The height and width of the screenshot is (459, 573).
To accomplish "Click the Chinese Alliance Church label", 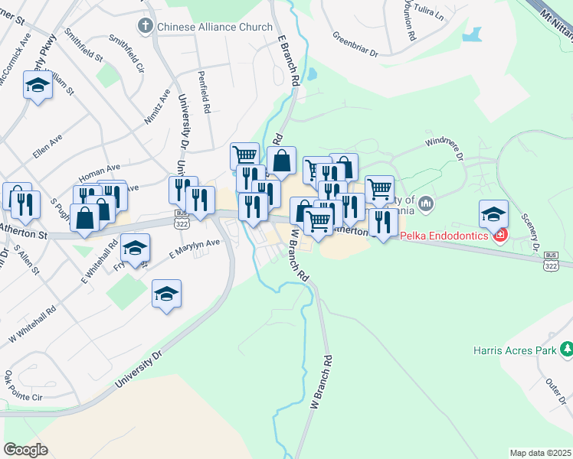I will (214, 27).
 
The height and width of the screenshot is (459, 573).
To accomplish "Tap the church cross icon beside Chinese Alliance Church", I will (145, 27).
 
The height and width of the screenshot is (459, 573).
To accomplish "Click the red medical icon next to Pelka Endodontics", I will (500, 235).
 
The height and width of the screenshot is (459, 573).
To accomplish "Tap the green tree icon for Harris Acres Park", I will (566, 350).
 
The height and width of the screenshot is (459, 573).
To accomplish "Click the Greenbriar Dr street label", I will (355, 44).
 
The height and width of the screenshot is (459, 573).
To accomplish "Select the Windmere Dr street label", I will (444, 148).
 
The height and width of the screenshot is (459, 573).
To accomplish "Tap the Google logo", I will (25, 449).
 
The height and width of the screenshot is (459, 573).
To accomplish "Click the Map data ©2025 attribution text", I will (539, 453).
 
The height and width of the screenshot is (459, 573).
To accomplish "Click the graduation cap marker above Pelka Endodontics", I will (494, 213).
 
